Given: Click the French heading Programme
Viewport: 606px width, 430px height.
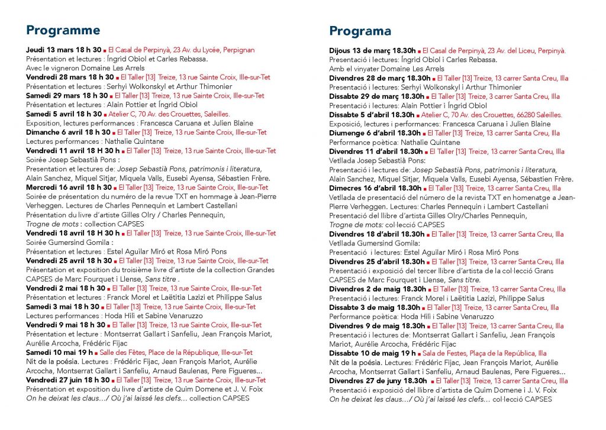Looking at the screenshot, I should tap(63, 30).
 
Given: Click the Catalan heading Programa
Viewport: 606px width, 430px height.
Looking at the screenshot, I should tap(360, 31).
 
